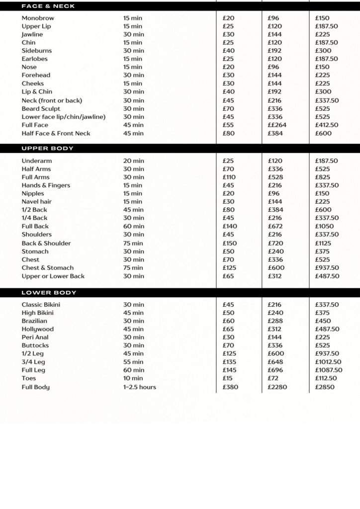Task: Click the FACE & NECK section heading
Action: (48, 6)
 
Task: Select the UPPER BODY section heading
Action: (47, 149)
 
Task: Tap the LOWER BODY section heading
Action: (49, 293)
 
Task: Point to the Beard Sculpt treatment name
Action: (41, 109)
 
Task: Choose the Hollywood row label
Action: (37, 329)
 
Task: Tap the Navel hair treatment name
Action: (36, 202)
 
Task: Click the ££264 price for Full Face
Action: (277, 125)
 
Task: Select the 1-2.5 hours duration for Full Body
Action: (139, 387)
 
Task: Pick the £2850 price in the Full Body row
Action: (325, 387)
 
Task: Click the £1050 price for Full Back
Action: (324, 226)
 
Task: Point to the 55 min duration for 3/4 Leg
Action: (133, 362)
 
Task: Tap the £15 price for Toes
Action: (228, 378)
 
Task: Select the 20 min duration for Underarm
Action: (134, 161)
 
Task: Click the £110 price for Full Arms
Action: (230, 177)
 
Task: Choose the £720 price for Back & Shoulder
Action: (275, 243)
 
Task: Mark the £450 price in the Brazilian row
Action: (323, 321)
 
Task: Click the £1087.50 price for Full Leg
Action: (329, 370)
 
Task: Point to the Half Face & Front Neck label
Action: (56, 133)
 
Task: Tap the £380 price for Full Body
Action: (230, 387)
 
